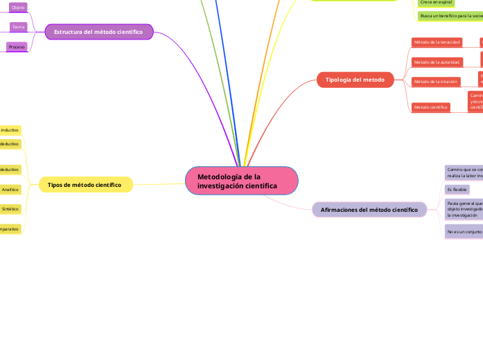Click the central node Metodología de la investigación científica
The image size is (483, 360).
coord(241,181)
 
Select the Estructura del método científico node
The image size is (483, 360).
coord(98,32)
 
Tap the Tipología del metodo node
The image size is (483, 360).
coord(355,80)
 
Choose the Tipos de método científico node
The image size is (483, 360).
coord(85,185)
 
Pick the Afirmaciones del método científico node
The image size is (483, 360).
coord(369,209)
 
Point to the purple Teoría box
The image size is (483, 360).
coord(19,26)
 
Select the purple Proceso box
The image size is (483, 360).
coord(17,46)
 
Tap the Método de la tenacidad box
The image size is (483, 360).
coord(437,42)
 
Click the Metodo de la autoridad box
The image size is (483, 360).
coord(437,62)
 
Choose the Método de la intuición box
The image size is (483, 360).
coord(435,81)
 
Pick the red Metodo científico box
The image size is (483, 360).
coord(430,107)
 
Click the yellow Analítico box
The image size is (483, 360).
coord(10,189)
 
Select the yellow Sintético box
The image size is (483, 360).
coord(10,208)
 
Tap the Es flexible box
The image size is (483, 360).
coord(457,189)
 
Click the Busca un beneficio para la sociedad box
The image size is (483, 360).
coord(450,15)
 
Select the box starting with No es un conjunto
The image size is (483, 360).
coord(463,231)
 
